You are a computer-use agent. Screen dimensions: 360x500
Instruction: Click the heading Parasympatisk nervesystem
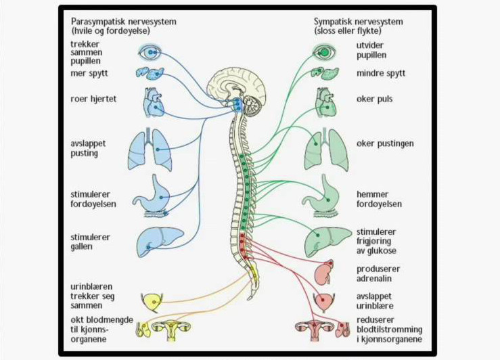coord(123,21)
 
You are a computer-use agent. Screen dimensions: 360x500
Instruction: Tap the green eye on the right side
coord(325,51)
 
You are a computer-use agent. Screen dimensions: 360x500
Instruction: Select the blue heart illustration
coord(153,104)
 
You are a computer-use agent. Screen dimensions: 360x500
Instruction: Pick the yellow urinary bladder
coord(150,300)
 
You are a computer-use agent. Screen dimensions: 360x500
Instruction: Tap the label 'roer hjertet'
coord(93,99)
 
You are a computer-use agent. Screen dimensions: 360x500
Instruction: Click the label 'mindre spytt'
coord(381,73)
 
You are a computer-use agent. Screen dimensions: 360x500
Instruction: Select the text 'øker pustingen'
coord(385,144)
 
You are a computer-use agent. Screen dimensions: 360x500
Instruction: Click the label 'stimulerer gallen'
coord(90,242)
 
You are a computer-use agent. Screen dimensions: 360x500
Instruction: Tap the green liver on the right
coord(327,240)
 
